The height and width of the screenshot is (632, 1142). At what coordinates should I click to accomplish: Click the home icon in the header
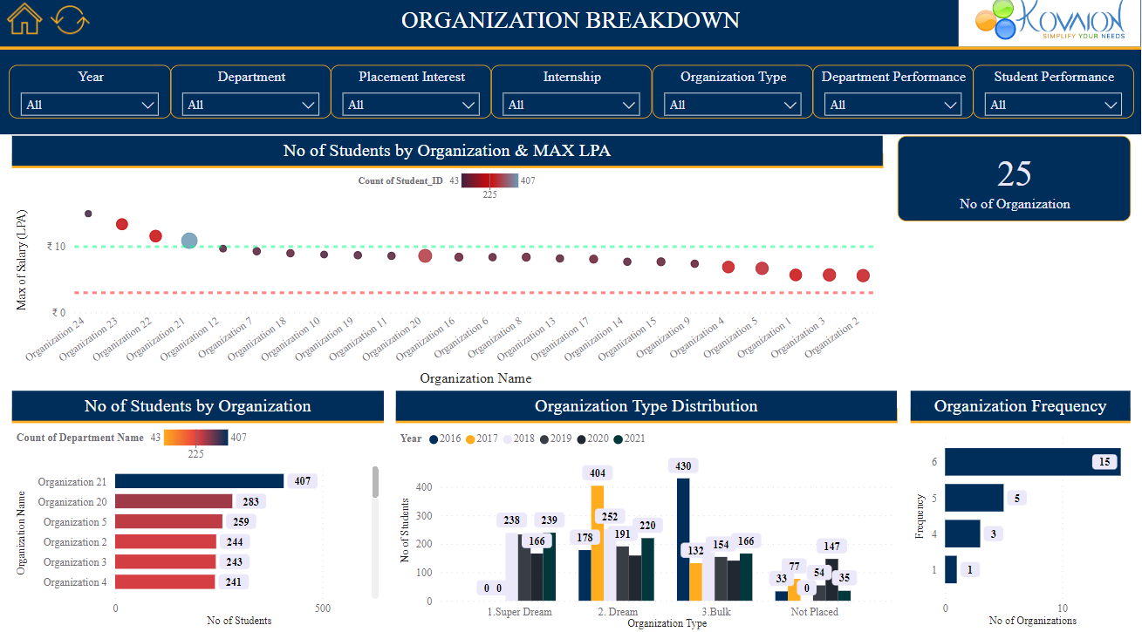pyautogui.click(x=24, y=19)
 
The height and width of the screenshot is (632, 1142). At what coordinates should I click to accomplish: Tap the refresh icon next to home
pyautogui.click(x=70, y=19)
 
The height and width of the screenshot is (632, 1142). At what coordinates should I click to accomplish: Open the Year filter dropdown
pyautogui.click(x=90, y=105)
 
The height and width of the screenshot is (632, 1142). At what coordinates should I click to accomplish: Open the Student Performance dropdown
pyautogui.click(x=1053, y=105)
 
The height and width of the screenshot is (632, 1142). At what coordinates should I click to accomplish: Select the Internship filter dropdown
pyautogui.click(x=571, y=105)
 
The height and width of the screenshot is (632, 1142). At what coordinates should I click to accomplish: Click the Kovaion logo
pyautogui.click(x=1050, y=23)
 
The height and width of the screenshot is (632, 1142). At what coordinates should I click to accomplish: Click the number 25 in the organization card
pyautogui.click(x=1014, y=174)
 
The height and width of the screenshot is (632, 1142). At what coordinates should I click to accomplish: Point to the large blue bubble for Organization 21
pyautogui.click(x=189, y=241)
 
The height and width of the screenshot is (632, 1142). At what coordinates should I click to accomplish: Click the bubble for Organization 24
pyautogui.click(x=88, y=214)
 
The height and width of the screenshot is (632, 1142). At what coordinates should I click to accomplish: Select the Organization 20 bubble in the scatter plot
pyautogui.click(x=425, y=255)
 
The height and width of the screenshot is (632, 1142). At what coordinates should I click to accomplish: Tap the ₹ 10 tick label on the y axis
pyautogui.click(x=57, y=247)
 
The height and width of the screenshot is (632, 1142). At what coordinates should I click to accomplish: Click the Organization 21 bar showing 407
pyautogui.click(x=199, y=481)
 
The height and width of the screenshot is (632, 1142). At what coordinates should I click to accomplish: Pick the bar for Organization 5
pyautogui.click(x=168, y=521)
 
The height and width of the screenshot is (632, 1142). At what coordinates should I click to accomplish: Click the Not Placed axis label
pyautogui.click(x=815, y=612)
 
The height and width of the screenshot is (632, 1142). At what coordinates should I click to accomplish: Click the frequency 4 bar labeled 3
pyautogui.click(x=962, y=533)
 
